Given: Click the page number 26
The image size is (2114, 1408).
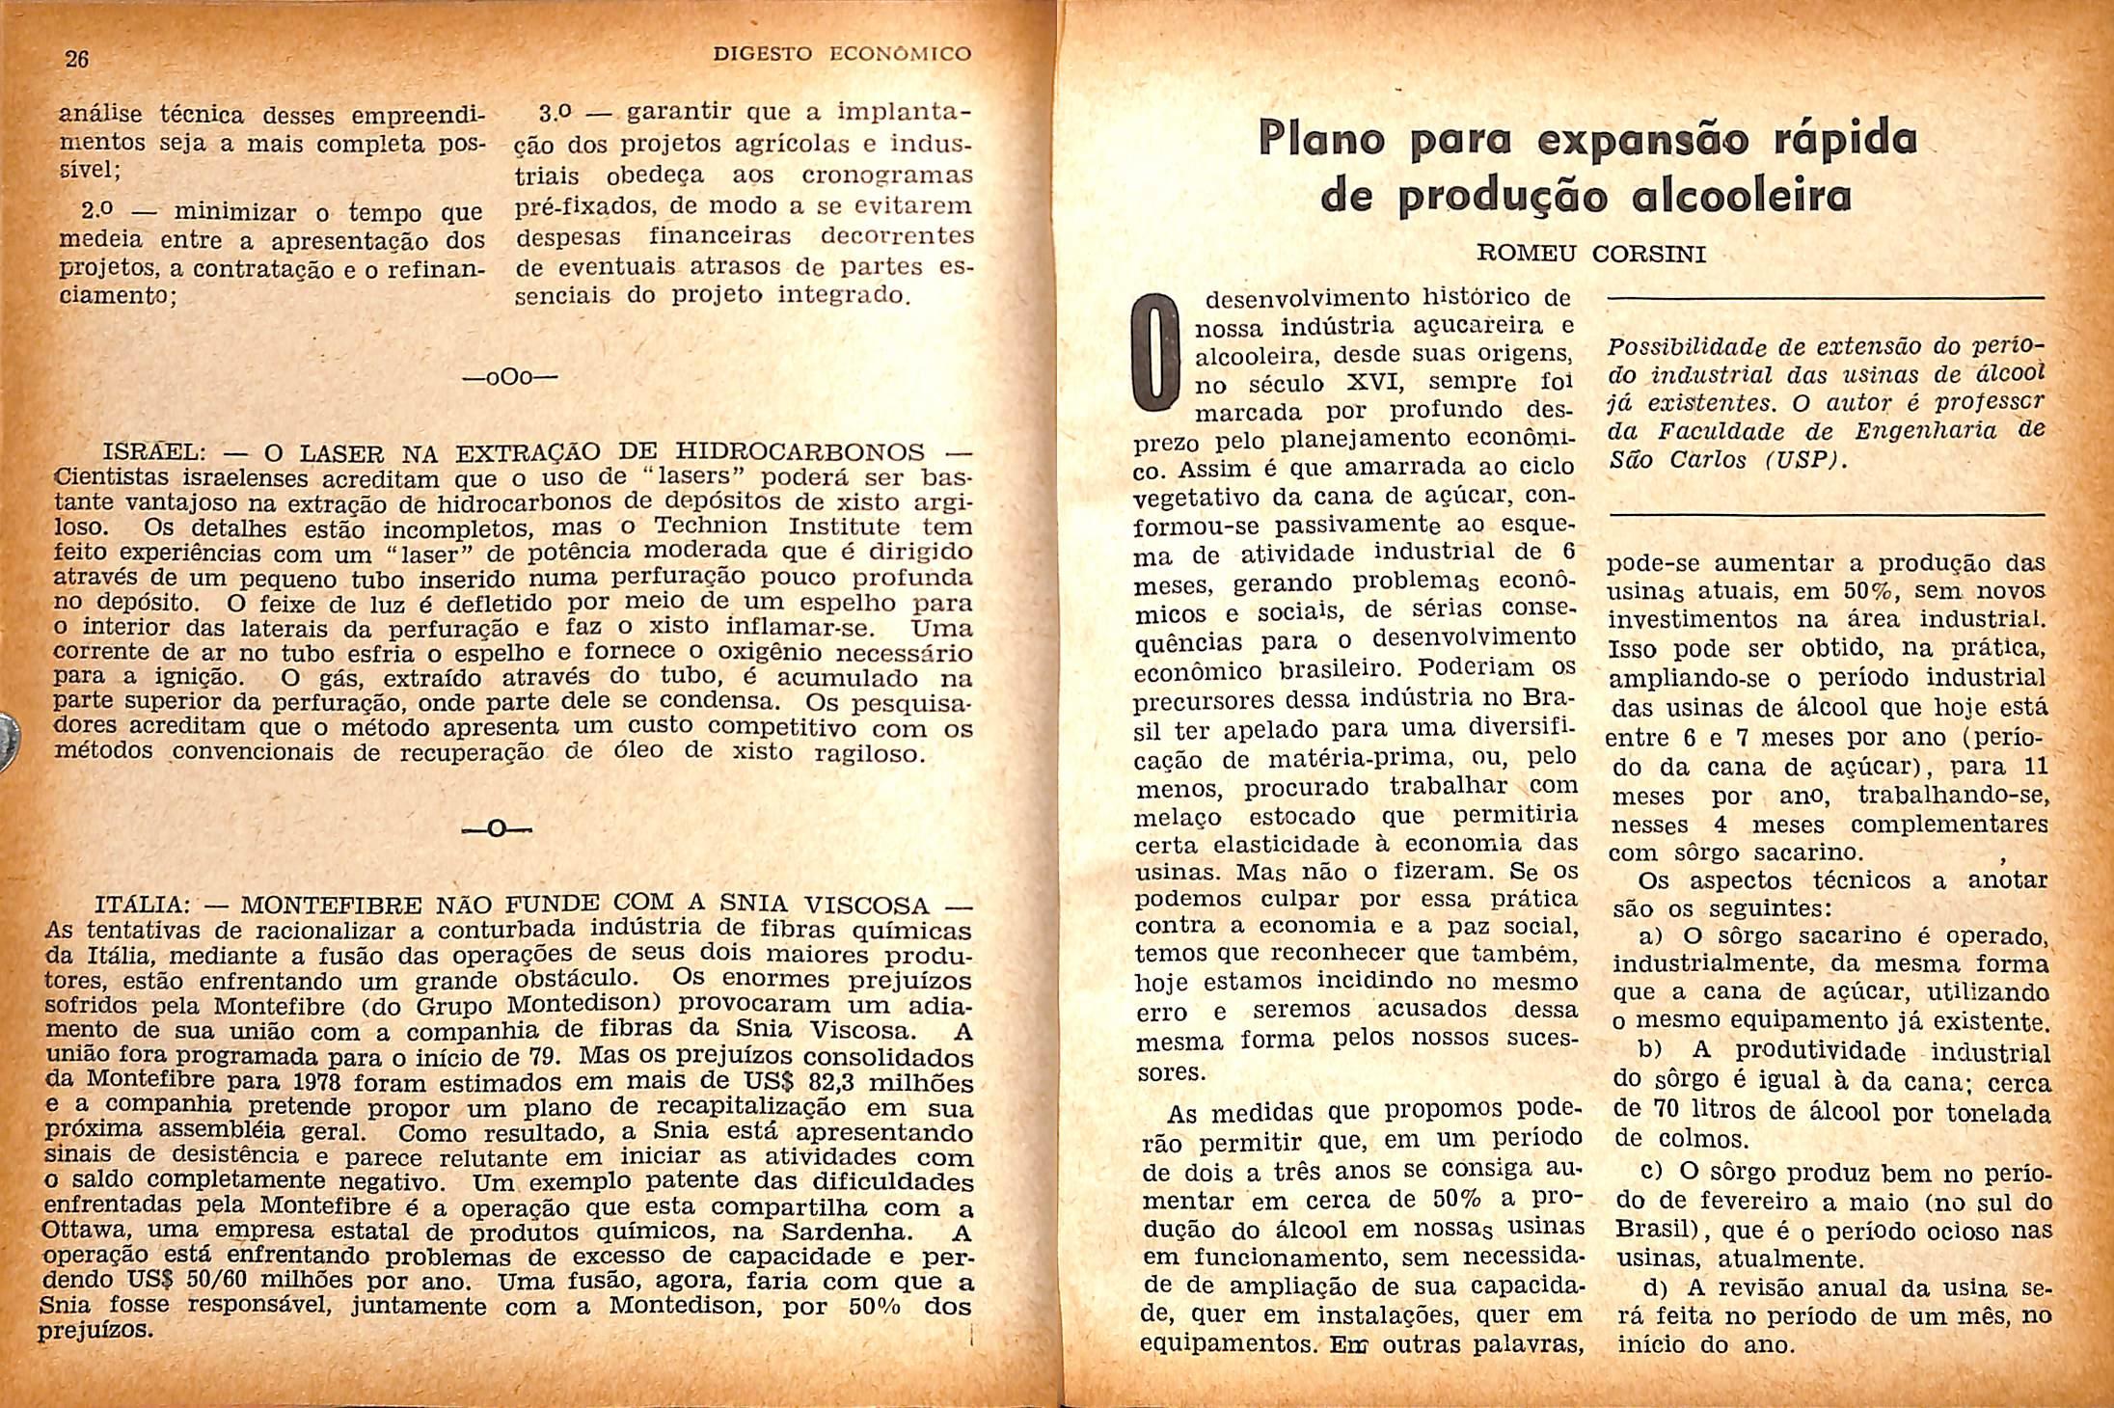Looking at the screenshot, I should [76, 59].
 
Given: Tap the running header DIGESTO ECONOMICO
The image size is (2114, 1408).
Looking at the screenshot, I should [841, 55].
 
